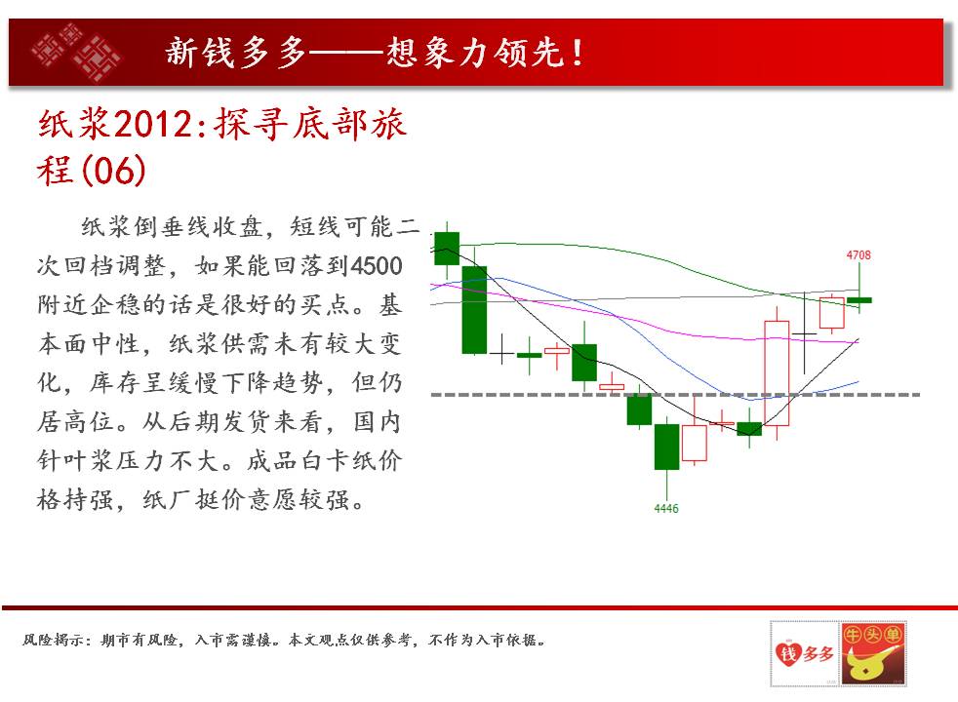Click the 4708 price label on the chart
point(858,255)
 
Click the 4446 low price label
point(666,509)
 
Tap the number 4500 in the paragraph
point(377,266)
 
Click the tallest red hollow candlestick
point(777,373)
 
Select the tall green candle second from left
point(474,309)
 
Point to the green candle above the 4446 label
point(666,447)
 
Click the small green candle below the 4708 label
point(859,299)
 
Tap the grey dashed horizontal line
point(675,395)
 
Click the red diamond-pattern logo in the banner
point(76,52)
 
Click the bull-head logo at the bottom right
point(874,654)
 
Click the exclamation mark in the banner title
point(577,53)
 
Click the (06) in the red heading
point(113,171)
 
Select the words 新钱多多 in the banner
point(236,52)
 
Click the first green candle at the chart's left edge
point(447,249)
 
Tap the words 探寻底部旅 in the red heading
point(309,124)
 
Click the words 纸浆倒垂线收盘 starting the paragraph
point(172,227)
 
